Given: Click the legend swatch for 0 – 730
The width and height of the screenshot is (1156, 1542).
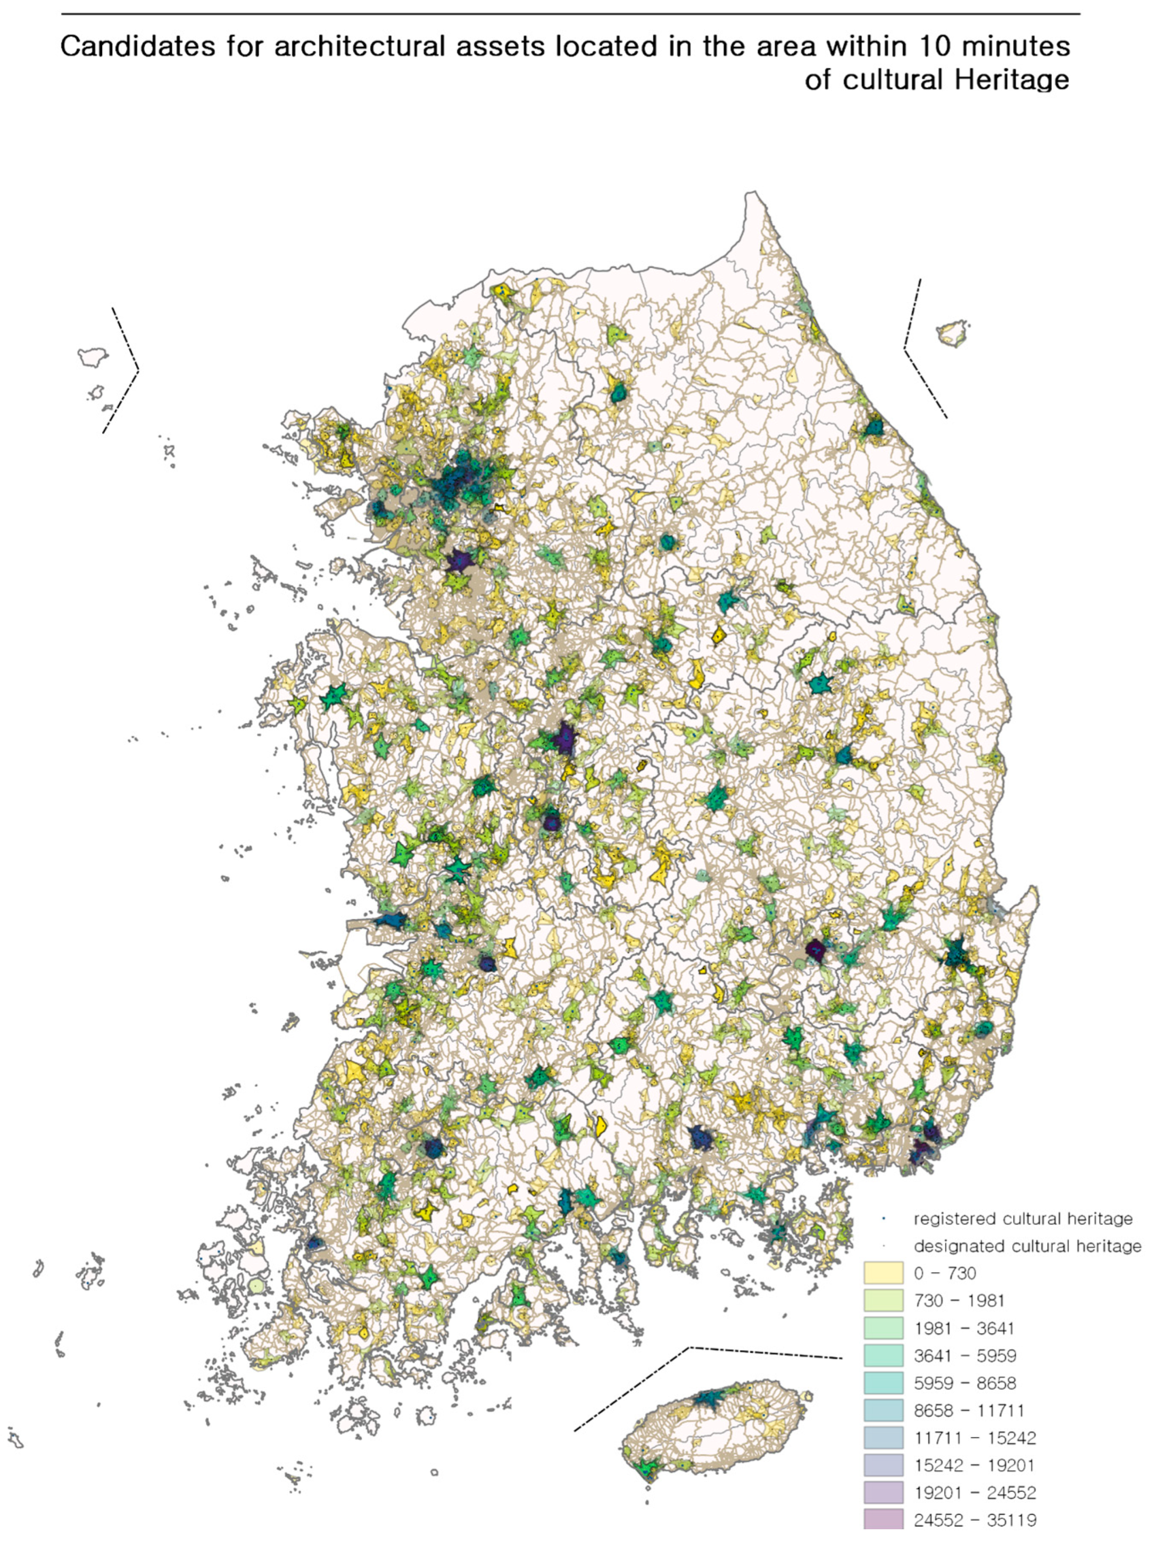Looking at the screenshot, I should [883, 1273].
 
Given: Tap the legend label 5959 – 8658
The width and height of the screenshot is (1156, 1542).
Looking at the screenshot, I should [964, 1383].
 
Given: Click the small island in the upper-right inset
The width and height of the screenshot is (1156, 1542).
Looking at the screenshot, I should [952, 333].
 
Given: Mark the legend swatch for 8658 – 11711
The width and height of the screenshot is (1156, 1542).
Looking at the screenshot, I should [883, 1410].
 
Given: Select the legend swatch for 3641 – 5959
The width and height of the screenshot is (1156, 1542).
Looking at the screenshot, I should [883, 1355].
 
